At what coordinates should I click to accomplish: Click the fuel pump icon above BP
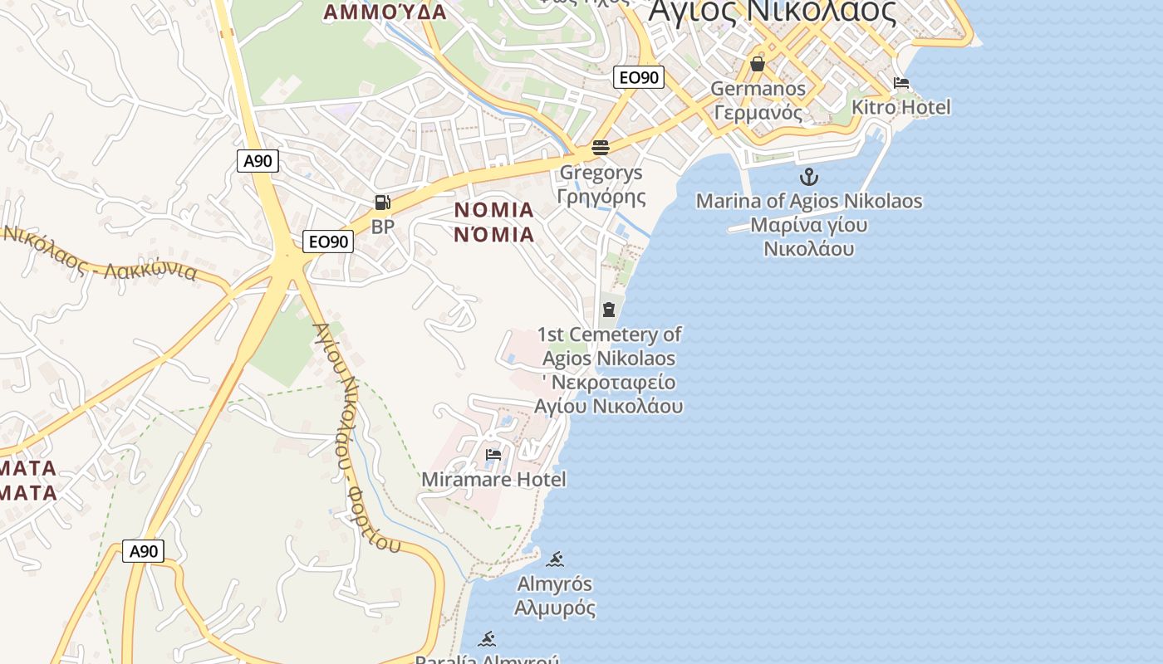point(382,203)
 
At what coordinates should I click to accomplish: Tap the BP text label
point(382,226)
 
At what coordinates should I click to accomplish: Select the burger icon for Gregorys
point(601,148)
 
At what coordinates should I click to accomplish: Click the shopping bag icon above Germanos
point(757,64)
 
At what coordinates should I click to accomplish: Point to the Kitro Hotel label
point(901,107)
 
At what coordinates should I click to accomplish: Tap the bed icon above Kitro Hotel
point(901,83)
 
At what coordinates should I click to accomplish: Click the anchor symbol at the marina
point(808,177)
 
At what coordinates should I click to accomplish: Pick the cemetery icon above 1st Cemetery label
point(609,310)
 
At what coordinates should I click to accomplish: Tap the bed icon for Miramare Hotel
point(493,455)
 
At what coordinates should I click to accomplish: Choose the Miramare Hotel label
point(493,479)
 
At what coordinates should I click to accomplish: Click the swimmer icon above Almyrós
point(555,559)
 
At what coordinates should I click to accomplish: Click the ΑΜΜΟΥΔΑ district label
point(385,12)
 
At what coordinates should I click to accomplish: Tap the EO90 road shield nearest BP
point(328,242)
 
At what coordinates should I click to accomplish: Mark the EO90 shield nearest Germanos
point(639,78)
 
